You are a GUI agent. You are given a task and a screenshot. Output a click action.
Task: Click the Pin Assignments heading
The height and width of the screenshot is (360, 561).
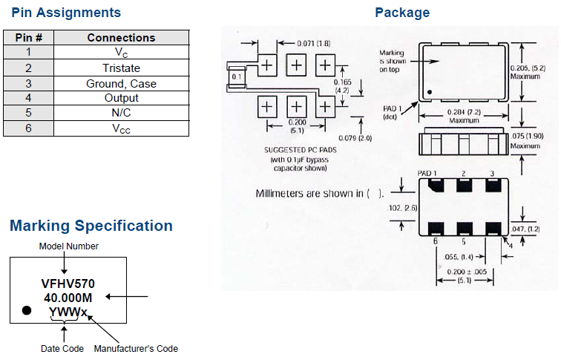66,13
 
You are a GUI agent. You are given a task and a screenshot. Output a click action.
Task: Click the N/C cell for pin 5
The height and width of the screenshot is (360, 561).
121,114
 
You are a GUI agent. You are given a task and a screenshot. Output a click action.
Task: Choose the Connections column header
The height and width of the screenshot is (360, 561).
121,37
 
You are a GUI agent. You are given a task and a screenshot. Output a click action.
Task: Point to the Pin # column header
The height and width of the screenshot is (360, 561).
28,37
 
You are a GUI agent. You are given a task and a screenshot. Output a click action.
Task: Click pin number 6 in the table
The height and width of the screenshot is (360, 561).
28,129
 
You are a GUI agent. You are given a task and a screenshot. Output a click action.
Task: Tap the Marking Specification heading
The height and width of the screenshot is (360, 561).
91,226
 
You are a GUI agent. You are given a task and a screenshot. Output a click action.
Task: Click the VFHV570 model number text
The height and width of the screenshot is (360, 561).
67,284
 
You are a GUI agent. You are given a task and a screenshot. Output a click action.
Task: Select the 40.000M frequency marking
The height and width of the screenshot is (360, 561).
67,297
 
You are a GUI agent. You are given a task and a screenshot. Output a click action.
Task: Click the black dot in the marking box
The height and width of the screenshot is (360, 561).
27,310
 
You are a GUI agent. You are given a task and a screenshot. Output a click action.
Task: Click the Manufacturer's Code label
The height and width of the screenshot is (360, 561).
136,348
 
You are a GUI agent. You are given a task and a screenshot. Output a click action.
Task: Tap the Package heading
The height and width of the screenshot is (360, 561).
401,13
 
